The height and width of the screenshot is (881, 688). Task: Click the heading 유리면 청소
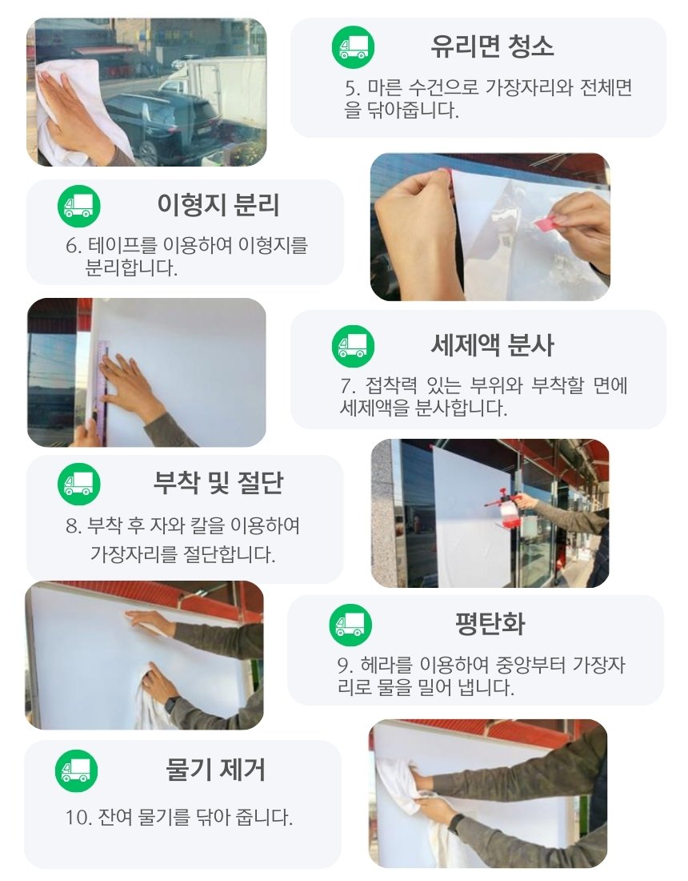(492, 46)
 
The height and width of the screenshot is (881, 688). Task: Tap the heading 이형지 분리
(218, 204)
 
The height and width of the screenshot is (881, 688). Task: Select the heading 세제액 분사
(492, 345)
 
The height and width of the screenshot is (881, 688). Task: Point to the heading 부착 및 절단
(218, 483)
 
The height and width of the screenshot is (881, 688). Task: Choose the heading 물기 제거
(215, 770)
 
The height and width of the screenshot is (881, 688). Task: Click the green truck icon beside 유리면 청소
(353, 47)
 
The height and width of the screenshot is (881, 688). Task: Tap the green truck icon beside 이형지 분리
(79, 206)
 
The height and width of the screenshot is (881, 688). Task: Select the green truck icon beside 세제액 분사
(353, 346)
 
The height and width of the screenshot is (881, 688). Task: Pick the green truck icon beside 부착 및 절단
(79, 484)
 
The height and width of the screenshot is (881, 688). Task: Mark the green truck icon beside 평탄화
(350, 625)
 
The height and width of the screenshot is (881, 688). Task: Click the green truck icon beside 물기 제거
(76, 770)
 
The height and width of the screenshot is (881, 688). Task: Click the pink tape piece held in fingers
(546, 223)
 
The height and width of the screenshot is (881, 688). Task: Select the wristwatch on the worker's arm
(171, 705)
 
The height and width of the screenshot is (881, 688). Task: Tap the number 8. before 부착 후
(73, 526)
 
